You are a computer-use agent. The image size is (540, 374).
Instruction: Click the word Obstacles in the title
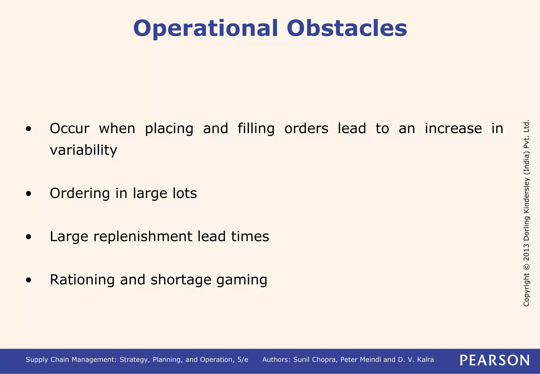347,28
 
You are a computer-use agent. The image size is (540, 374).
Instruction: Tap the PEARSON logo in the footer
494,360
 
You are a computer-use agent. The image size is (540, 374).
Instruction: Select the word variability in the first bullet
83,150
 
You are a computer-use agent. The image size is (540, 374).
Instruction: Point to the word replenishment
143,236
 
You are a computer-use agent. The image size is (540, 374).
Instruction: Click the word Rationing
82,280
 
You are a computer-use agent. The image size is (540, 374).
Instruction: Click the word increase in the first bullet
453,129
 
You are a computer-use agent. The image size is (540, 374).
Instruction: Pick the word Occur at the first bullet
70,129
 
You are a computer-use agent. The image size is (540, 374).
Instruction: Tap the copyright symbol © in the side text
526,267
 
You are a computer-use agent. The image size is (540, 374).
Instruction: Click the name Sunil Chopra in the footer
315,360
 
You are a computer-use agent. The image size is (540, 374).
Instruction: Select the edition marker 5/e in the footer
243,360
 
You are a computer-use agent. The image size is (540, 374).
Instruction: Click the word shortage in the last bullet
181,280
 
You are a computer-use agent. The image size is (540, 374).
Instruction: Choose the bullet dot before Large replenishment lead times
28,237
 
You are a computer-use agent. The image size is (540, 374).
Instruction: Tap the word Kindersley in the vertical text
526,195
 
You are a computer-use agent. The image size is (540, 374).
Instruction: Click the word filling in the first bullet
256,129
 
